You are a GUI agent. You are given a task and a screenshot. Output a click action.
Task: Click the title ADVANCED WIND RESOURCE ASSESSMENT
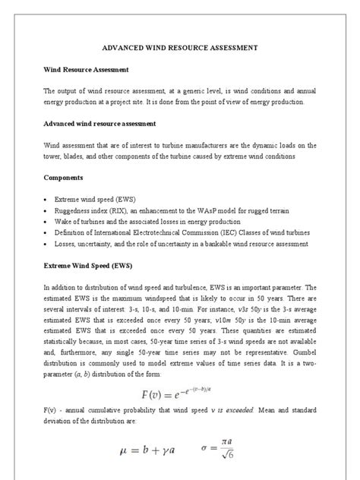[180, 47]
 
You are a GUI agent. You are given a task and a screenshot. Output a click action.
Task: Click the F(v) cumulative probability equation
[180, 393]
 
